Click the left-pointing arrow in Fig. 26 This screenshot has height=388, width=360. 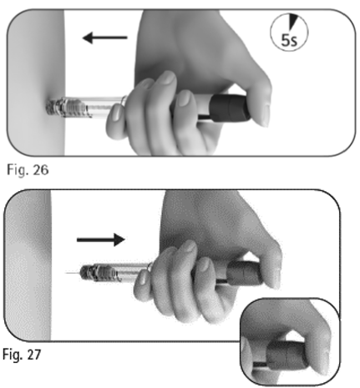click(x=105, y=38)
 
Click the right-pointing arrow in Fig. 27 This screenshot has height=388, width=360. click(x=101, y=239)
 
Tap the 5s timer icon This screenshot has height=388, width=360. click(x=289, y=33)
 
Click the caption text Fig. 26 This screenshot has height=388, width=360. click(x=28, y=169)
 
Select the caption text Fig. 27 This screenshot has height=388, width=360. click(x=22, y=355)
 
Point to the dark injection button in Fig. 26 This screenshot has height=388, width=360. click(x=229, y=108)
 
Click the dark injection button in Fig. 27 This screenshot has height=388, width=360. click(x=245, y=273)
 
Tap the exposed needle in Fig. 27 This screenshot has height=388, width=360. click(x=73, y=273)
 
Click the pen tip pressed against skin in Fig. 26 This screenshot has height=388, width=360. click(x=54, y=107)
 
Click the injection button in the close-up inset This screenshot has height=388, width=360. click(x=286, y=355)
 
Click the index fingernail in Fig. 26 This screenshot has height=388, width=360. click(x=116, y=113)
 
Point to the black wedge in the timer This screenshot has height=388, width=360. click(x=292, y=22)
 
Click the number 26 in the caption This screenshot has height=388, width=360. click(x=41, y=169)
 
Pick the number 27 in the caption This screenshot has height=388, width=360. click(x=33, y=355)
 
